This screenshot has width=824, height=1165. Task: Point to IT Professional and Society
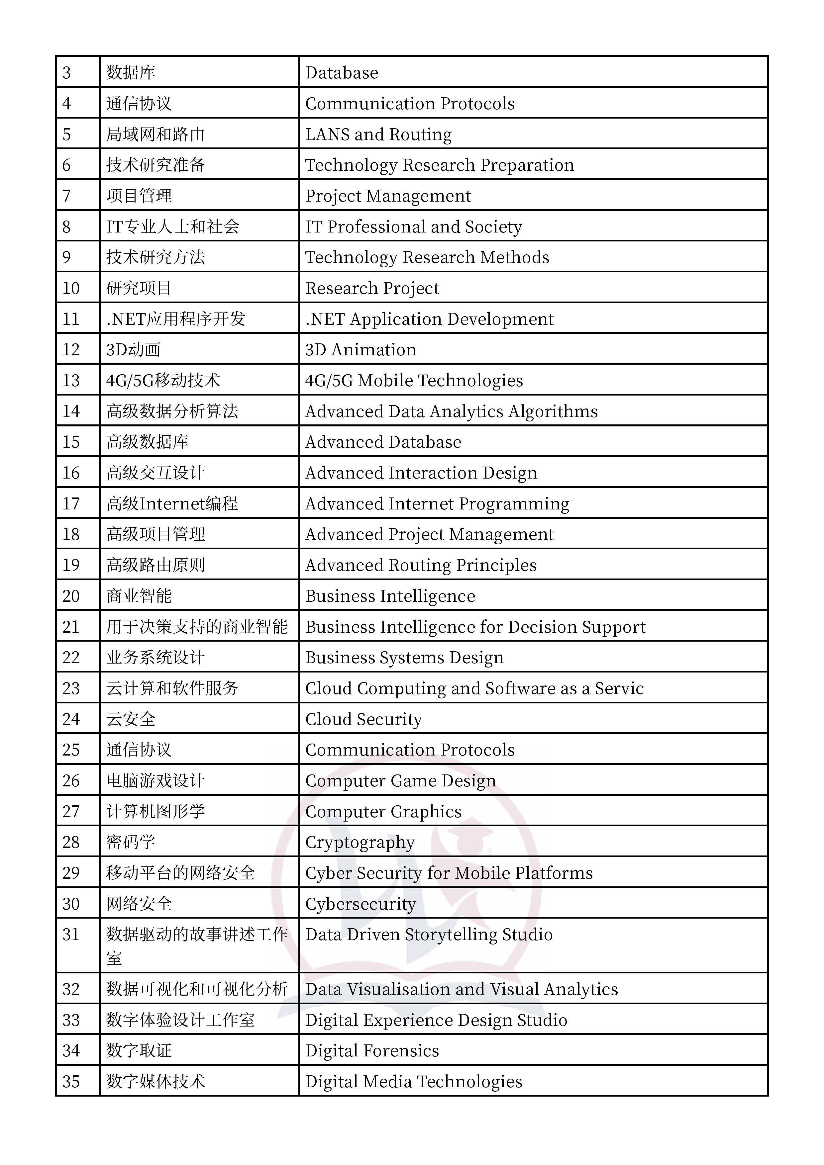coord(413,227)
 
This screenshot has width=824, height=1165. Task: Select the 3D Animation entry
coord(360,350)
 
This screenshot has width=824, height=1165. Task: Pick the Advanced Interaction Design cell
coord(421,473)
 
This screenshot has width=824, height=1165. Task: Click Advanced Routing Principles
coord(421,565)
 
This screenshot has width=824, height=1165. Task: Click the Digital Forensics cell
coord(372,1051)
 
